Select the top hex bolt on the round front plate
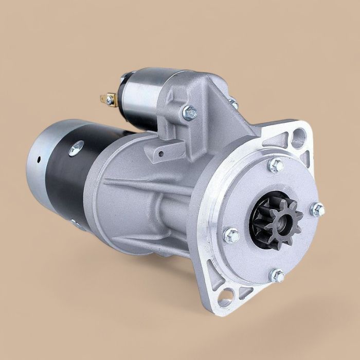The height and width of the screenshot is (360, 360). pyautogui.click(x=276, y=165)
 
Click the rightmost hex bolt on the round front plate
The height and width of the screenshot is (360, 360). pyautogui.click(x=318, y=209)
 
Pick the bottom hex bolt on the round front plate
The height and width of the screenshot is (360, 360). pyautogui.click(x=277, y=275)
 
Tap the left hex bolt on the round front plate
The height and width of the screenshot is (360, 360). pyautogui.click(x=232, y=235)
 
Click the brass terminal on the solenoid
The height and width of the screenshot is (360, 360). pyautogui.click(x=109, y=98)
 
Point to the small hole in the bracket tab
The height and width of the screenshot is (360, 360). pyautogui.click(x=160, y=152)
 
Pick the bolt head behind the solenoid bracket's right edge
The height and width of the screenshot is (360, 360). pyautogui.click(x=234, y=103)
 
